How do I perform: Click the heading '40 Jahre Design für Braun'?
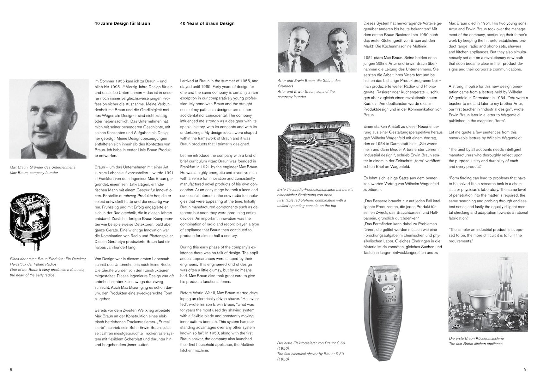[x=122, y=23]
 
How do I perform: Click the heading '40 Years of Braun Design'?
[x=207, y=23]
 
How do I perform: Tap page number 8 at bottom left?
[x=11, y=370]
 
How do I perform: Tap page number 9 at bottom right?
[x=525, y=369]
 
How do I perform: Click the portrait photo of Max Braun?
[x=48, y=119]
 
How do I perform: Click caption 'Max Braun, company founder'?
[x=34, y=173]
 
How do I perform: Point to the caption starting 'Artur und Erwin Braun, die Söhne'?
[x=309, y=81]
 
